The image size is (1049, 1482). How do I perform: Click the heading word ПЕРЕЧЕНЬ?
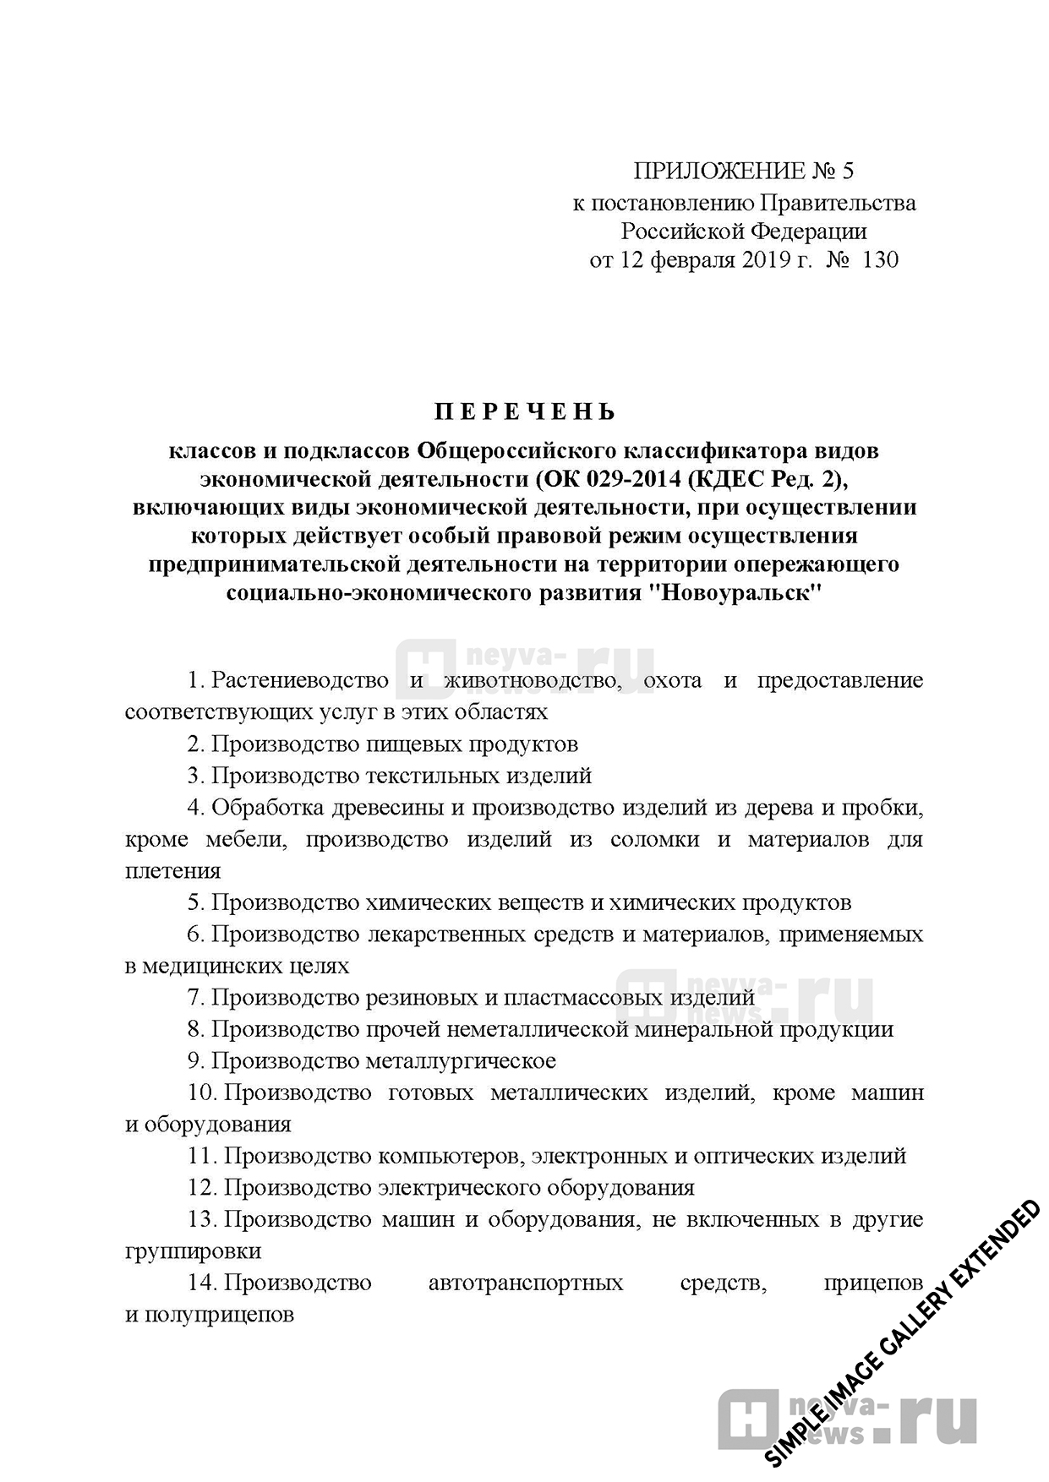point(525,412)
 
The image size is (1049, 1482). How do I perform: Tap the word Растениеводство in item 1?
point(300,680)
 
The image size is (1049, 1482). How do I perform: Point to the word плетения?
point(172,871)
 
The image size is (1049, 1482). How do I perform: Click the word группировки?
point(193,1251)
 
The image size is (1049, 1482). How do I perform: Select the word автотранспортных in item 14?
point(526,1283)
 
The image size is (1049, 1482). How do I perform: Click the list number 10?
point(202,1093)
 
